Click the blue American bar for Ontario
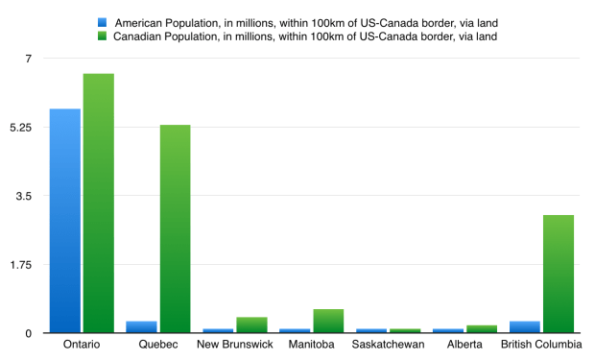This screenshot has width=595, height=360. (x=65, y=221)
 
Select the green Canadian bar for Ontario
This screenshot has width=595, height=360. (x=99, y=204)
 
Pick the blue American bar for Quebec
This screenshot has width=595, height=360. (x=141, y=326)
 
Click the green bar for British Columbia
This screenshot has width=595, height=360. (x=559, y=274)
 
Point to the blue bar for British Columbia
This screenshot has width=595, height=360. (x=525, y=326)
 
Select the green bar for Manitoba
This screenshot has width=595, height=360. (x=328, y=321)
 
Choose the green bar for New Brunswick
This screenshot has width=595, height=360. (x=251, y=324)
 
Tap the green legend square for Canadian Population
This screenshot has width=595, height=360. (x=101, y=36)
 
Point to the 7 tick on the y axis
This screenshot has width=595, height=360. (x=29, y=59)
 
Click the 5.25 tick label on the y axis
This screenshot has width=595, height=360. (x=21, y=128)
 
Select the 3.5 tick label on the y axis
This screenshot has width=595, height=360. (x=24, y=196)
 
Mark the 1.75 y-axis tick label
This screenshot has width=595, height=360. (x=21, y=265)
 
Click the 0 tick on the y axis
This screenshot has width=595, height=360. (x=29, y=333)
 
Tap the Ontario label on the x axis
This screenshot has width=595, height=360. (x=82, y=345)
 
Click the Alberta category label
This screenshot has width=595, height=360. (x=464, y=345)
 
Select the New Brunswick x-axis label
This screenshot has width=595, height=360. (x=235, y=345)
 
